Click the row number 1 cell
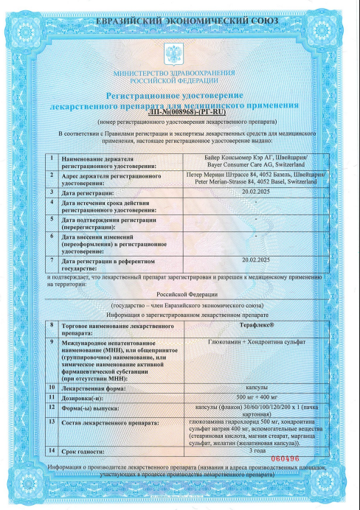(x=52, y=158)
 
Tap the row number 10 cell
(x=52, y=386)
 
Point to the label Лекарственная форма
(x=96, y=386)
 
